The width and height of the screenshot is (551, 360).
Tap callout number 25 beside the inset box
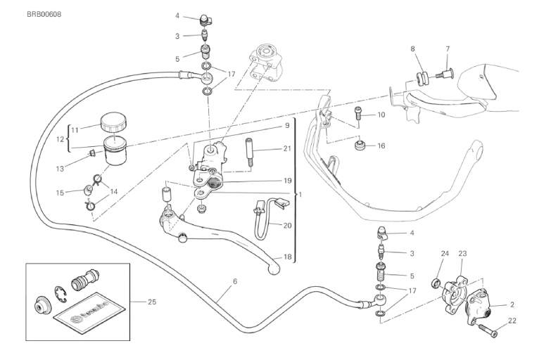click(152, 302)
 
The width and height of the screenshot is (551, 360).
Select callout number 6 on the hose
click(234, 281)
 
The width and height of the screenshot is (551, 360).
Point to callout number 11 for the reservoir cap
click(75, 129)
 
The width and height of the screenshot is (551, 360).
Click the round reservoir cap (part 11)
click(112, 124)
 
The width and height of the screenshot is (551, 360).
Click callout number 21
click(287, 148)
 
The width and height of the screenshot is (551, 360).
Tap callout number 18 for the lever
click(287, 257)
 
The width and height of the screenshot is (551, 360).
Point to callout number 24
click(444, 254)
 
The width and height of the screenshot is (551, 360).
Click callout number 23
click(463, 254)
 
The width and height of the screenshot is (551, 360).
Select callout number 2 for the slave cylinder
click(512, 304)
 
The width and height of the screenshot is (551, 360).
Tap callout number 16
click(381, 146)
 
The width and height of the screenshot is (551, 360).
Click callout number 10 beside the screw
click(381, 115)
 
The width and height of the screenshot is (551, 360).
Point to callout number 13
click(60, 169)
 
